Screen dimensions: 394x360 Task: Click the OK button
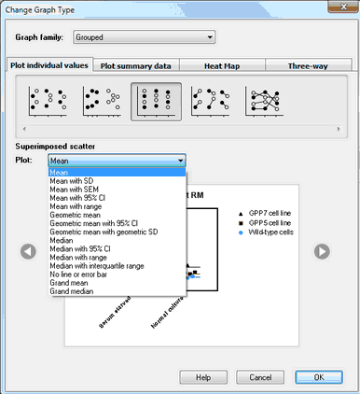point(318,377)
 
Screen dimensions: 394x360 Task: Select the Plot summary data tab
point(135,66)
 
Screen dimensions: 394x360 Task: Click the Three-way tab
point(307,66)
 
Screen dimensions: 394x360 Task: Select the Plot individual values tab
point(50,66)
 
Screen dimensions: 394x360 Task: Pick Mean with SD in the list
point(72,181)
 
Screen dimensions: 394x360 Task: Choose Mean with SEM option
point(74,190)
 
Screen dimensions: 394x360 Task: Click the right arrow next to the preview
point(320,250)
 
